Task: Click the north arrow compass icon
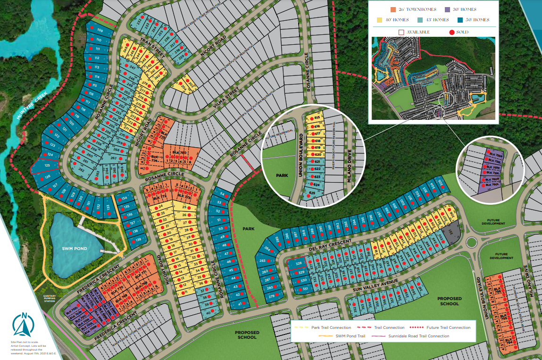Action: click(x=23, y=325)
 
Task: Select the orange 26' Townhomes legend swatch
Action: click(x=392, y=9)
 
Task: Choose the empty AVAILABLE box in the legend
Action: click(x=401, y=32)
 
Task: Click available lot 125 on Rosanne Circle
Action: click(x=41, y=166)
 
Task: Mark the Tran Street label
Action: click(x=152, y=47)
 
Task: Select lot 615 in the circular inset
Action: click(x=317, y=117)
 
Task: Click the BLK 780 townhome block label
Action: click(x=180, y=153)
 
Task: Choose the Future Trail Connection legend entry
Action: click(x=442, y=327)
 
